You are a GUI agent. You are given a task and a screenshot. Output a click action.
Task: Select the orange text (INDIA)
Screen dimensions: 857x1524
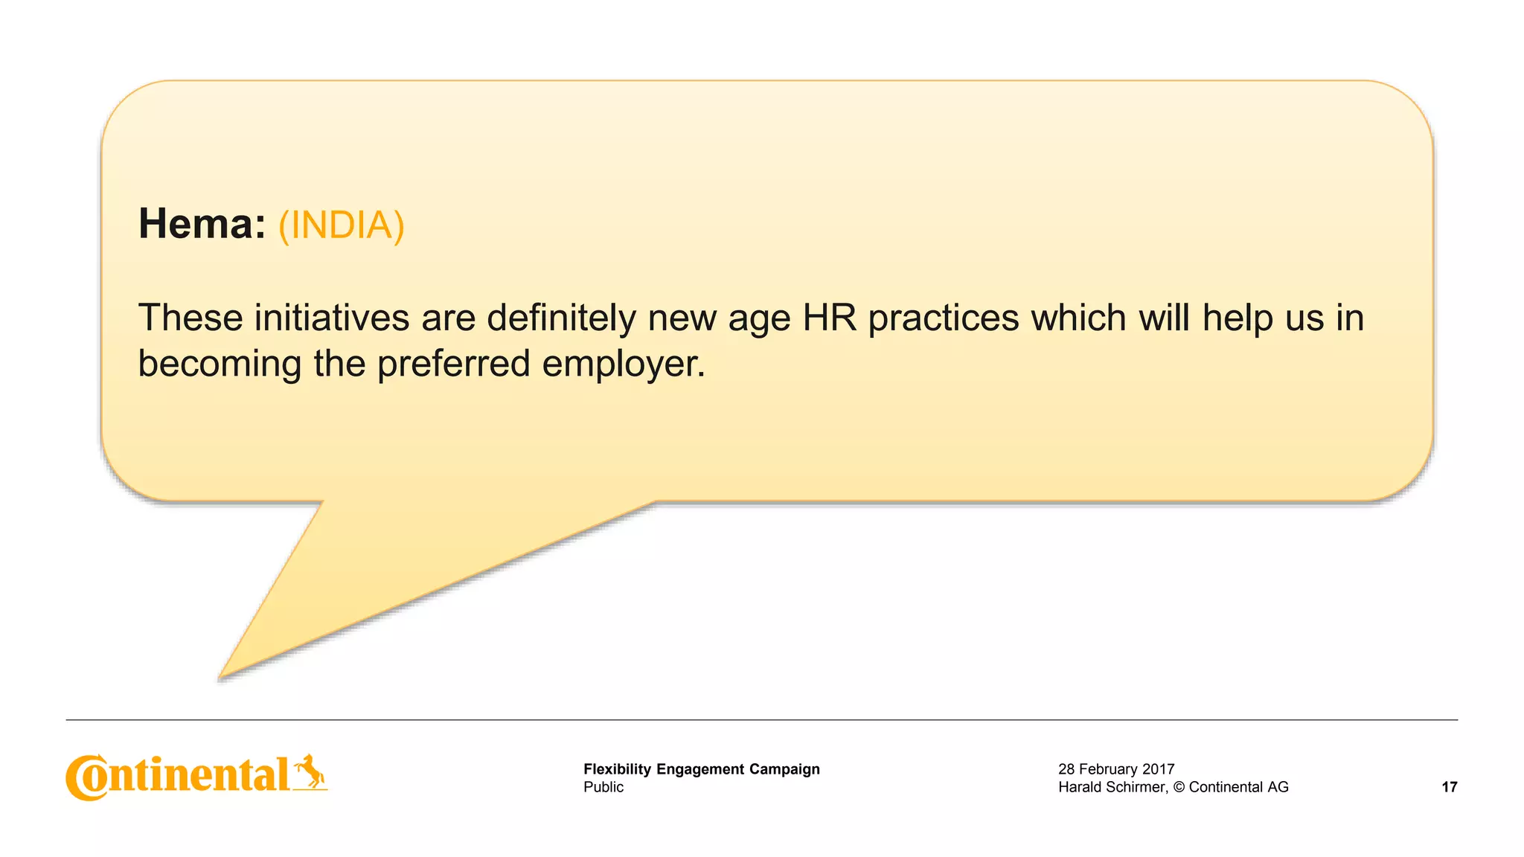tap(342, 225)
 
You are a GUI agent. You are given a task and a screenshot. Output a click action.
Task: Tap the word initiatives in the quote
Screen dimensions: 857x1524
tap(332, 318)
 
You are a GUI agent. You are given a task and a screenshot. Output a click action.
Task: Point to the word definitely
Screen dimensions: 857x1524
tap(562, 318)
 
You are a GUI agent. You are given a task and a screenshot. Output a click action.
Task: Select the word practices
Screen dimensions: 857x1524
tap(944, 318)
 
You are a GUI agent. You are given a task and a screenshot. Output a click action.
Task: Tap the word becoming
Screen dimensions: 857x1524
tap(220, 365)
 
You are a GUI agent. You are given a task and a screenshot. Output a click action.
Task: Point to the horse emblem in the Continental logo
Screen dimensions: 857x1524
tap(310, 771)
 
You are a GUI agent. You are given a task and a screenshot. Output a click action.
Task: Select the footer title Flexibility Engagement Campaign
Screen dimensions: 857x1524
tap(701, 769)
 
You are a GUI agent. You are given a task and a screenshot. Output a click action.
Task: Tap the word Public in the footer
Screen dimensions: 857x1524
tap(603, 787)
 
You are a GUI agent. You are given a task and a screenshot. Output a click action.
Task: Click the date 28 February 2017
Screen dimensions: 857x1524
tap(1115, 769)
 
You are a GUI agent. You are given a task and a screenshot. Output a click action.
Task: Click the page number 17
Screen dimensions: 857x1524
tap(1449, 787)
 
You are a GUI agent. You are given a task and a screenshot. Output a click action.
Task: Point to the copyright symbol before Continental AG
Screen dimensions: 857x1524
tap(1178, 787)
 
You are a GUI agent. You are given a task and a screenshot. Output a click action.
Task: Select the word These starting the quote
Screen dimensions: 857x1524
tap(190, 318)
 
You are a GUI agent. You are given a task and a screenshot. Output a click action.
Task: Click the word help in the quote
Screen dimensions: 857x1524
tap(1237, 318)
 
